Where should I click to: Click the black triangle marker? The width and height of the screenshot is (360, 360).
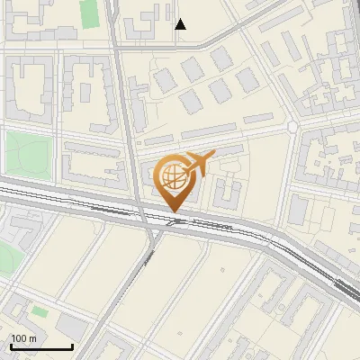tap(181, 24)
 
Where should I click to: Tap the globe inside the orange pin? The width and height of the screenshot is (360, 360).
tap(172, 175)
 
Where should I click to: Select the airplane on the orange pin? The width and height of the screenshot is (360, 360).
tap(199, 162)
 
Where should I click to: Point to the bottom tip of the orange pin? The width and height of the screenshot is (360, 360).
tap(173, 211)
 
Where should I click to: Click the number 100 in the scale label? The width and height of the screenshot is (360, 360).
tap(20, 337)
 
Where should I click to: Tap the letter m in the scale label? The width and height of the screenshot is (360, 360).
tap(34, 337)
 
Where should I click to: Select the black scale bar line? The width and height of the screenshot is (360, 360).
tap(41, 346)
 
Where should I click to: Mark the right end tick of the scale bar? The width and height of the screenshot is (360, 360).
tap(72, 345)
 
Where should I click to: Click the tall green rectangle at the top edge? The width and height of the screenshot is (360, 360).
tap(89, 14)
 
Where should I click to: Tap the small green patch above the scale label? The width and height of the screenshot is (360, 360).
tap(40, 311)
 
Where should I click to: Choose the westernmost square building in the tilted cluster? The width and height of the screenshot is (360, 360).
tap(164, 79)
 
